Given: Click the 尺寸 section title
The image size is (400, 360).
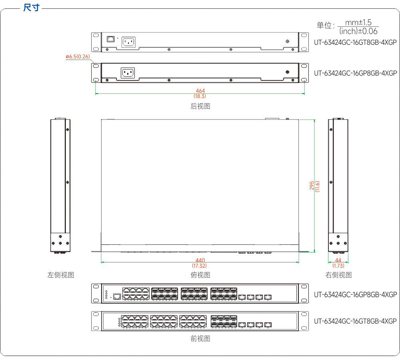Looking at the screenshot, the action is [x=31, y=8].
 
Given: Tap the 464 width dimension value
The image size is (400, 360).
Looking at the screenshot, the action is [x=200, y=91].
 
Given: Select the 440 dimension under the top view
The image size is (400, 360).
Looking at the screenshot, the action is [x=200, y=260].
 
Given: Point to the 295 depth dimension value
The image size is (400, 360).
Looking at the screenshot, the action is [x=312, y=186].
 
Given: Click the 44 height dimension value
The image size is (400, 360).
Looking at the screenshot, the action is [x=338, y=260].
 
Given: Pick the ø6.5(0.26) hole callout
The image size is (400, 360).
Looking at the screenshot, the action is [x=78, y=56].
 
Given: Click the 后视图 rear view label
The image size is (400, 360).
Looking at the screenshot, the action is [x=200, y=106].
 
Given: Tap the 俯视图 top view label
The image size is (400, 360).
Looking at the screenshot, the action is [x=200, y=275].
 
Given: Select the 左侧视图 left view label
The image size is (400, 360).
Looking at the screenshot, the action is [x=61, y=275].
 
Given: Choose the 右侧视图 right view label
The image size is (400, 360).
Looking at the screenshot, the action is [x=338, y=275].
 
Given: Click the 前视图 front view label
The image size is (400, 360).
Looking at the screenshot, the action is [x=200, y=338].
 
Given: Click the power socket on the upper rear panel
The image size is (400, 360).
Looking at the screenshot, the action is [x=128, y=42].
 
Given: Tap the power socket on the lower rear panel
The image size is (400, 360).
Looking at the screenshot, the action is [x=128, y=73].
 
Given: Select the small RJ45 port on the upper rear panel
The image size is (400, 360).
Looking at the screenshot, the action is [x=110, y=39].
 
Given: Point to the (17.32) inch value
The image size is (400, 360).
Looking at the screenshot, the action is [x=199, y=266].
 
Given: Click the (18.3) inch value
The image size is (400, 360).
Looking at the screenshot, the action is [x=200, y=96].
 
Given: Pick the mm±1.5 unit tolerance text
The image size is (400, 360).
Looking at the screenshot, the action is [x=358, y=22].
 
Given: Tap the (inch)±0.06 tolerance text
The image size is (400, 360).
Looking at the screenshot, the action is [x=358, y=31].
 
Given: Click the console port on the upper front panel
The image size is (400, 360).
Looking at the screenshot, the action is [x=117, y=296].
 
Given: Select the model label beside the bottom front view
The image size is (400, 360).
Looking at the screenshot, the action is [x=355, y=321].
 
